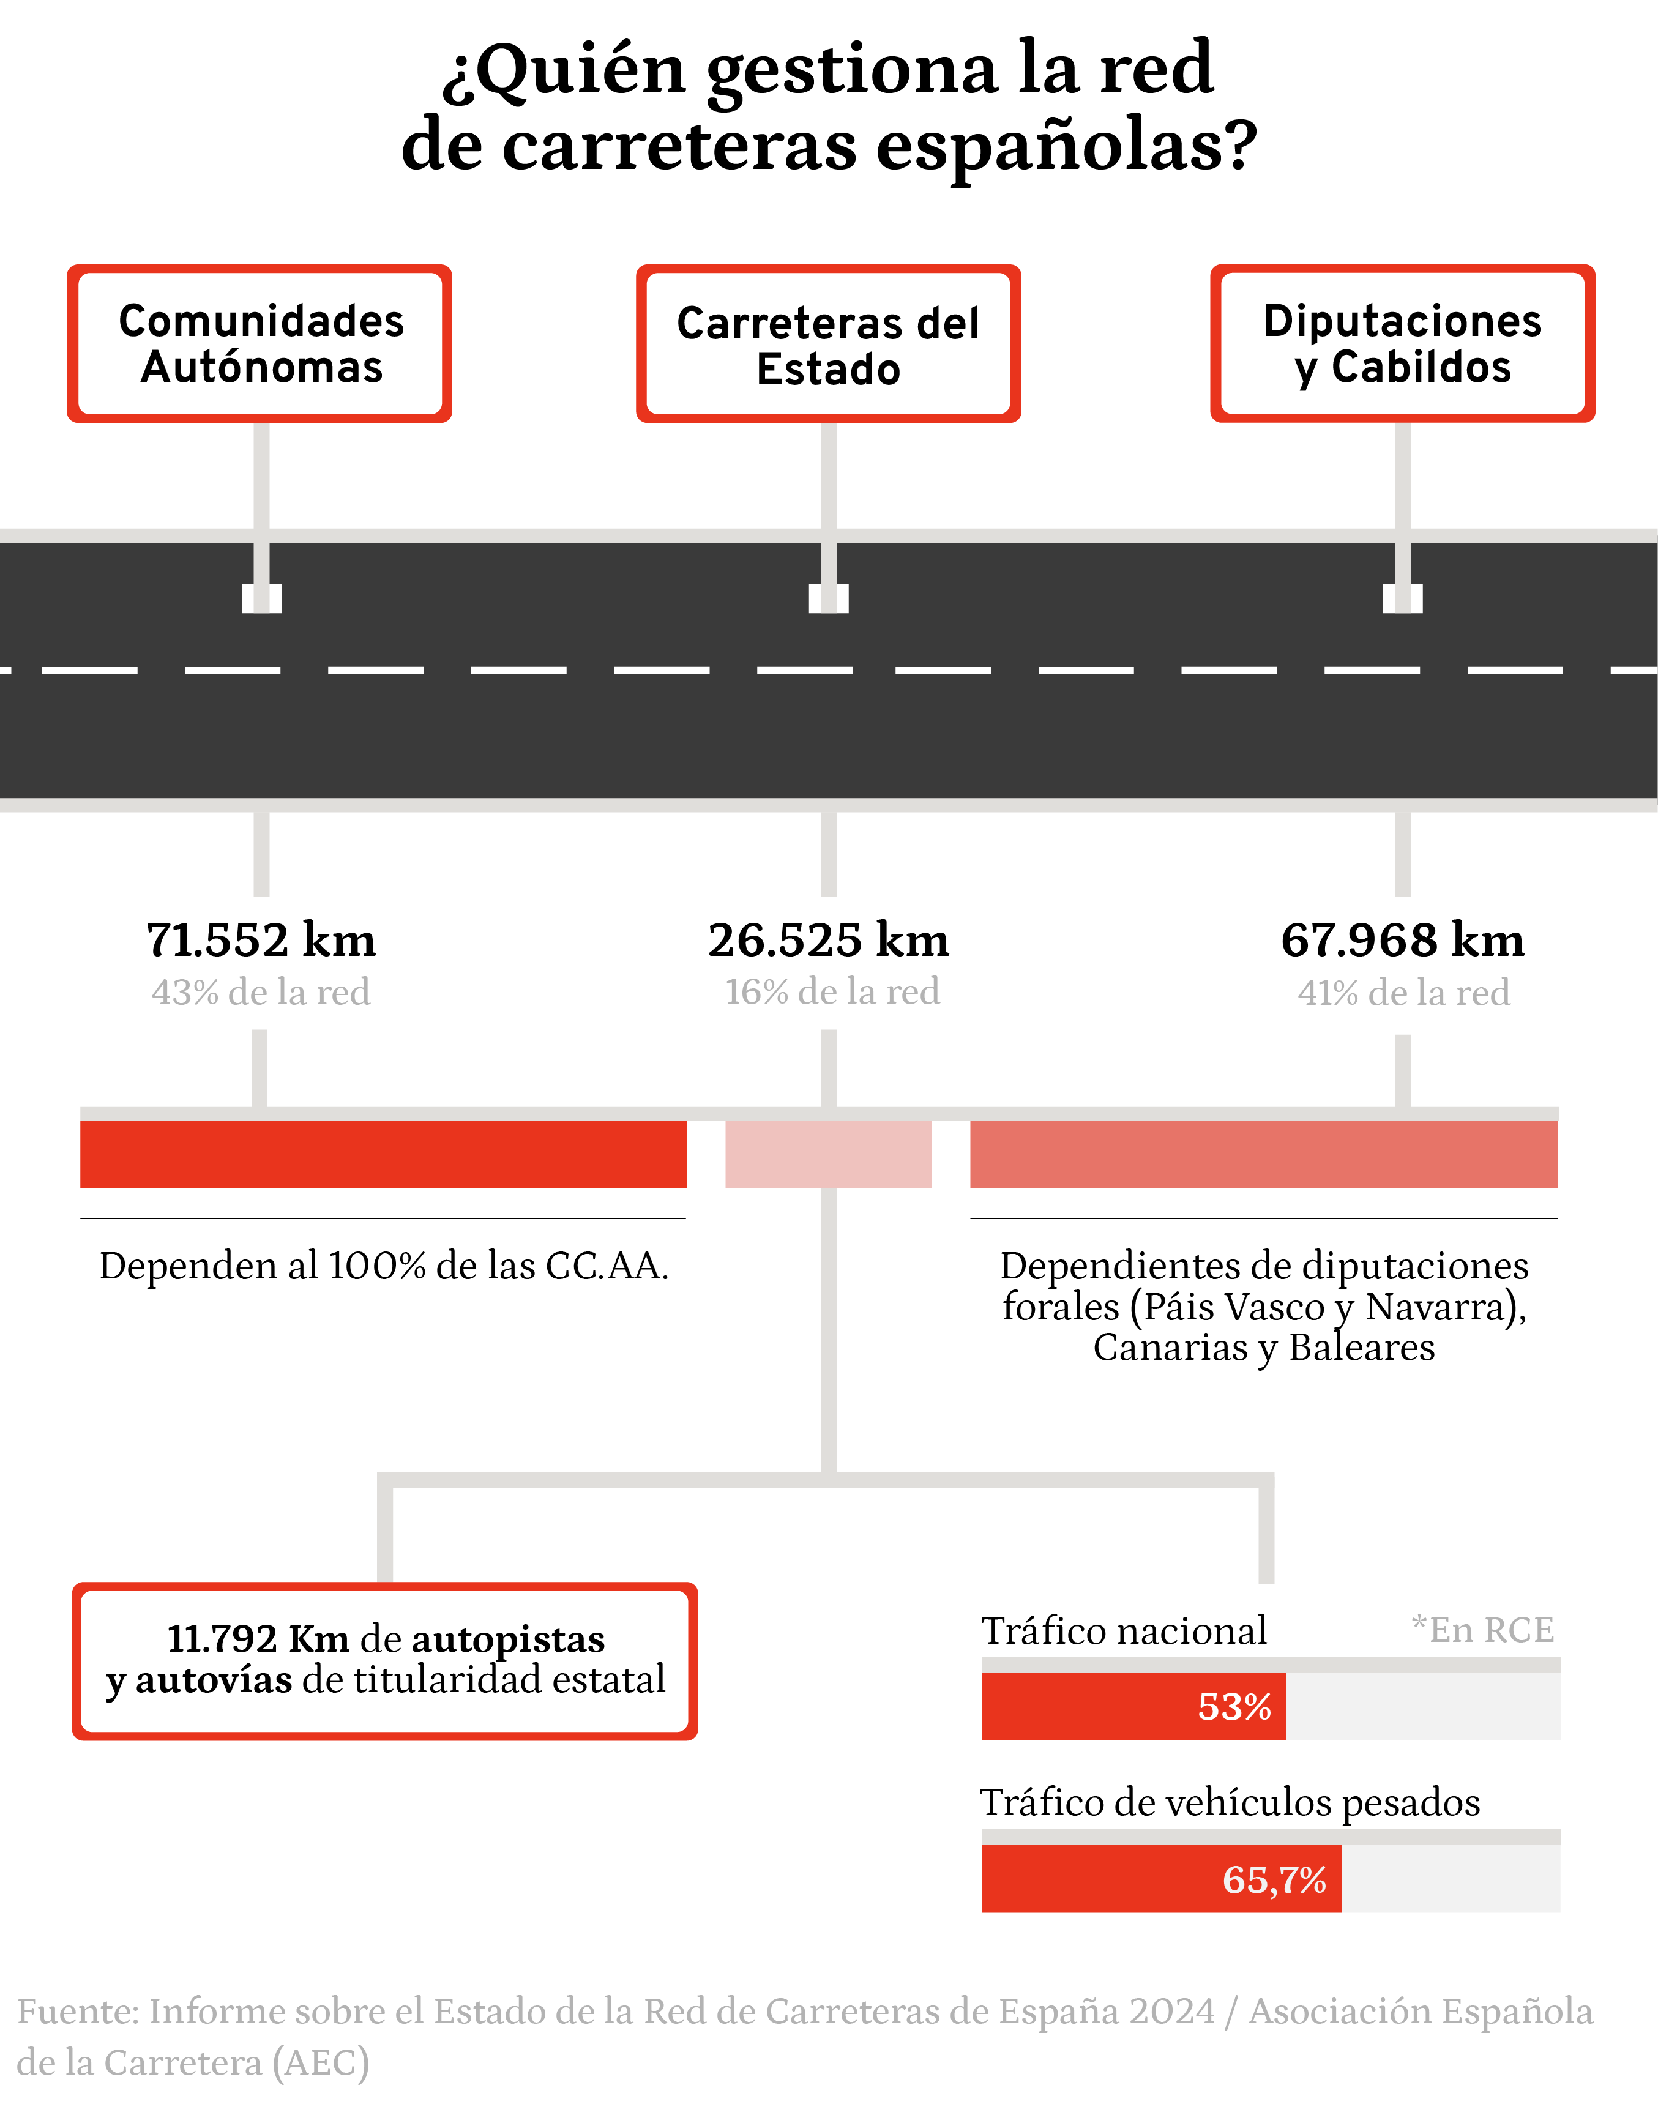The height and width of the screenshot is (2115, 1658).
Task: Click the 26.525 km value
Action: click(828, 939)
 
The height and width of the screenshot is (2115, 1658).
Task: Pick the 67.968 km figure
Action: click(1403, 939)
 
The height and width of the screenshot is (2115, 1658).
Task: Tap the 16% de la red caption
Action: click(832, 992)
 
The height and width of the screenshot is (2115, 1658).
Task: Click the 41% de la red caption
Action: click(1403, 992)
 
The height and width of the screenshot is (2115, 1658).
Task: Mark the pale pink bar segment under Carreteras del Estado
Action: click(828, 1154)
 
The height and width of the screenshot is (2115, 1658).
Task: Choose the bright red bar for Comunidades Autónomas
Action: click(383, 1154)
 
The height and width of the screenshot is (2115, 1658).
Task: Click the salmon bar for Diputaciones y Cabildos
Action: click(1264, 1154)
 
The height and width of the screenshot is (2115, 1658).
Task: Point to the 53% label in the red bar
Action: click(1234, 1706)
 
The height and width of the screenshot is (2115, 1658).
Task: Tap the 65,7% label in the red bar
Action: click(1274, 1880)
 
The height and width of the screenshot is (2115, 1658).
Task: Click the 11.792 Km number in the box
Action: click(258, 1638)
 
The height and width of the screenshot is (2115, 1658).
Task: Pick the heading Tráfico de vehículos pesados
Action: click(1230, 1802)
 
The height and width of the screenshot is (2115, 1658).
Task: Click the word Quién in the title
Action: click(580, 70)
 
